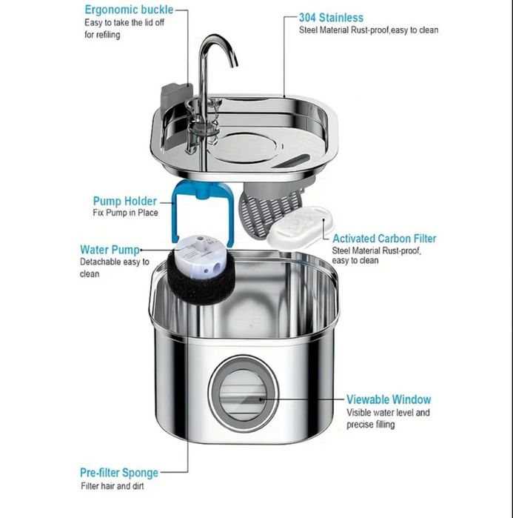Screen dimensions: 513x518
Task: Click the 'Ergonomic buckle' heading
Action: (129, 10)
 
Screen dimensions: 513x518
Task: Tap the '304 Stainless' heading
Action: (331, 18)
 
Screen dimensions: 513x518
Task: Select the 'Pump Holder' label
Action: (124, 201)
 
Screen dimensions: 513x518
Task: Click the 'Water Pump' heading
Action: (110, 250)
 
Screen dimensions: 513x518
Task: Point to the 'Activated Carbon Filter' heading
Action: (384, 239)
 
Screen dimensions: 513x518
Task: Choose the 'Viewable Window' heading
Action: (389, 399)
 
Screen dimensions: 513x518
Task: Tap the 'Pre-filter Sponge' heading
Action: (119, 473)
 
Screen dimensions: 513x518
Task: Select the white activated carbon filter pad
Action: (300, 228)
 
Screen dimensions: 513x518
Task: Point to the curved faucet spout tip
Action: (235, 64)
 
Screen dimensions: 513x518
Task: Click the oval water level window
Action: (243, 396)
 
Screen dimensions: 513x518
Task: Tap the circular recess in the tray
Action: (246, 147)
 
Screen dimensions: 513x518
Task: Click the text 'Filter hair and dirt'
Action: (113, 486)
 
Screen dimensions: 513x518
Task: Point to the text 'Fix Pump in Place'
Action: (125, 213)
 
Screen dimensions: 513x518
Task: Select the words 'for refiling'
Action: (102, 35)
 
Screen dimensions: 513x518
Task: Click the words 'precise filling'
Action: (370, 425)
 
